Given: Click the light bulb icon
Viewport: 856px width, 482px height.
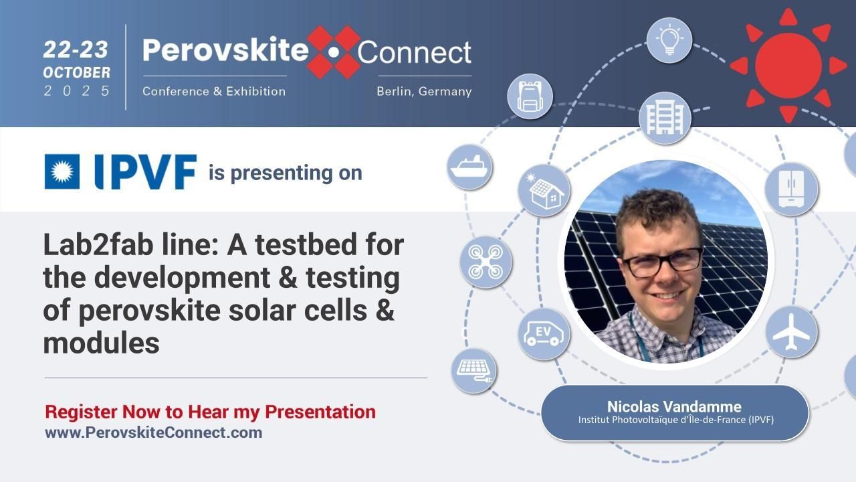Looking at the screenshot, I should [x=669, y=40].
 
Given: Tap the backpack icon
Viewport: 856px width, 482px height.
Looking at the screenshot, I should [x=530, y=96].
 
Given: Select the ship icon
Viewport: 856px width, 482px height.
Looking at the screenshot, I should [x=469, y=167].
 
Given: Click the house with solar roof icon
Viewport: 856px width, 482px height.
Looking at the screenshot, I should [x=544, y=190].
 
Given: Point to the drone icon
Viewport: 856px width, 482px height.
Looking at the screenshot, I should [x=486, y=262].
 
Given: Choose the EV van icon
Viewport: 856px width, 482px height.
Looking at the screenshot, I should [x=544, y=333].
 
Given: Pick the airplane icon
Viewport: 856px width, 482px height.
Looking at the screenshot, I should [x=791, y=332].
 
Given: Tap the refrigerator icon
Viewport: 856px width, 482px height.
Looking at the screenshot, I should [x=791, y=189].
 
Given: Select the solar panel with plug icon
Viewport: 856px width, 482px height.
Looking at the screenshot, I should [x=473, y=370].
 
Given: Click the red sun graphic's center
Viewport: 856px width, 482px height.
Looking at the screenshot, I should [x=788, y=65].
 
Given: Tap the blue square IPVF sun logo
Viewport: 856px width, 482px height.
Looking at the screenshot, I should [x=62, y=171].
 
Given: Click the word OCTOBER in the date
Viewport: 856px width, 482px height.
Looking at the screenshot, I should [x=77, y=72].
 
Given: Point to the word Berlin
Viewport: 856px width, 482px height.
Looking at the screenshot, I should [x=395, y=91].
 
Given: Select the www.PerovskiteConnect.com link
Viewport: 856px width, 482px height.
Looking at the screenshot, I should [x=153, y=432].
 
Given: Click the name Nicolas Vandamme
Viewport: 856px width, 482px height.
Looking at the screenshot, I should [x=674, y=406].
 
